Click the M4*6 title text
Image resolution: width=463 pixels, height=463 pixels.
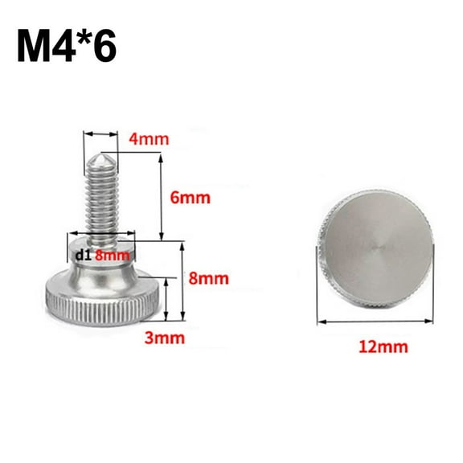coord(65,43)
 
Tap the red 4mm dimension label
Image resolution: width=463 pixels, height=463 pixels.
coord(149,138)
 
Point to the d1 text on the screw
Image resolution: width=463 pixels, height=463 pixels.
coord(81,256)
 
